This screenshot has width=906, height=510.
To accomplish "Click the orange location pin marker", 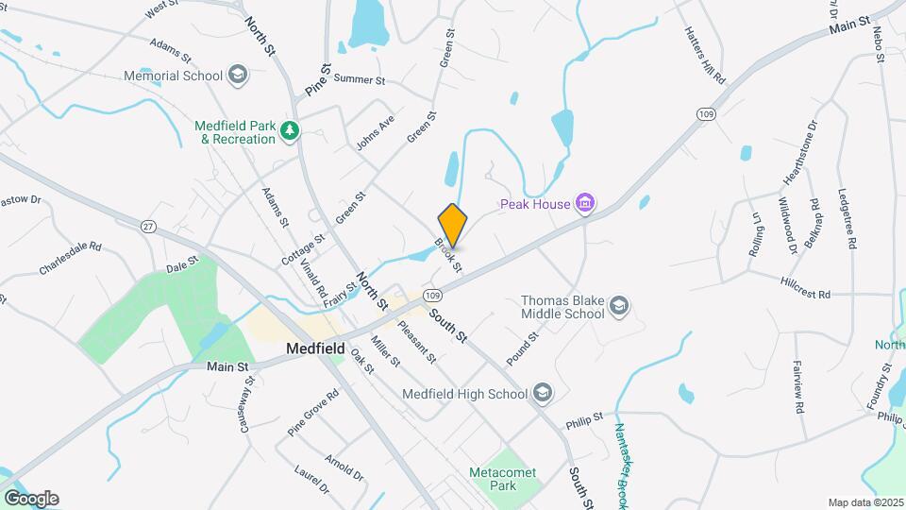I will point(453,225).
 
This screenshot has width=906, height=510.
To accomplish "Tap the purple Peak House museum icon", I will point(586,203).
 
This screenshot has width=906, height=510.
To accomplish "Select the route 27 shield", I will point(147,227).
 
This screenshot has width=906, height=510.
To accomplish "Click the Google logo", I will point(31,498).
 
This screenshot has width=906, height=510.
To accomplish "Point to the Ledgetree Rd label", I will point(847,218).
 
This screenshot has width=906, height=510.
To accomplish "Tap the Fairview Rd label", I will point(798,391).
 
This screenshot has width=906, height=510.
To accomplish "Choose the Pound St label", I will point(522,348).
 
